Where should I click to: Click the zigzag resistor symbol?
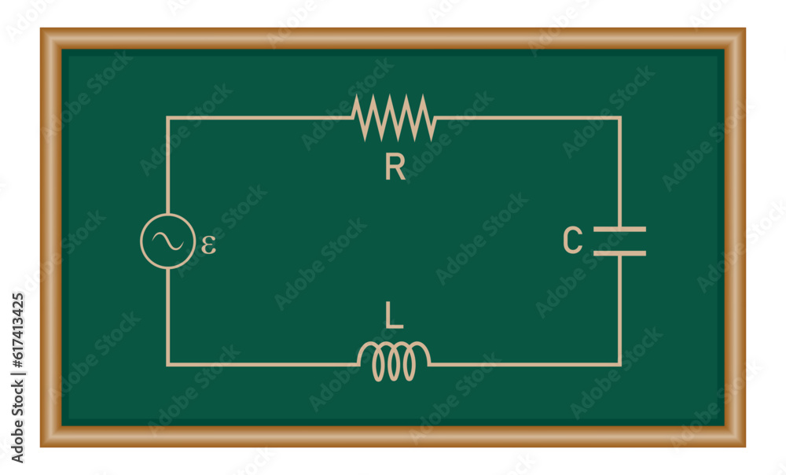click(393, 118)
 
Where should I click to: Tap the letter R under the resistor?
click(395, 168)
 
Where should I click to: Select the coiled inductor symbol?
click(394, 361)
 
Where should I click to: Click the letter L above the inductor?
click(394, 315)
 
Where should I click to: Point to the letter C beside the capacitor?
click(573, 241)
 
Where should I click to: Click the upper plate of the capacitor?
click(619, 229)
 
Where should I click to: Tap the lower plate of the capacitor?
click(619, 253)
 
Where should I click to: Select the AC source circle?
click(167, 241)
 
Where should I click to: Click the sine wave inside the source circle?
click(167, 241)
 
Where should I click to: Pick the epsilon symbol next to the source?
click(208, 245)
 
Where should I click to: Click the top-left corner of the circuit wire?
click(167, 118)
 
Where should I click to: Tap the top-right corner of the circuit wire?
click(619, 118)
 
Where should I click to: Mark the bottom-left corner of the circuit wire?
click(167, 364)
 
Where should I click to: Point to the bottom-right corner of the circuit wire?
click(619, 364)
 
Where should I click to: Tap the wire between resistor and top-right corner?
click(527, 118)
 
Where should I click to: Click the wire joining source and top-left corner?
click(167, 165)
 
